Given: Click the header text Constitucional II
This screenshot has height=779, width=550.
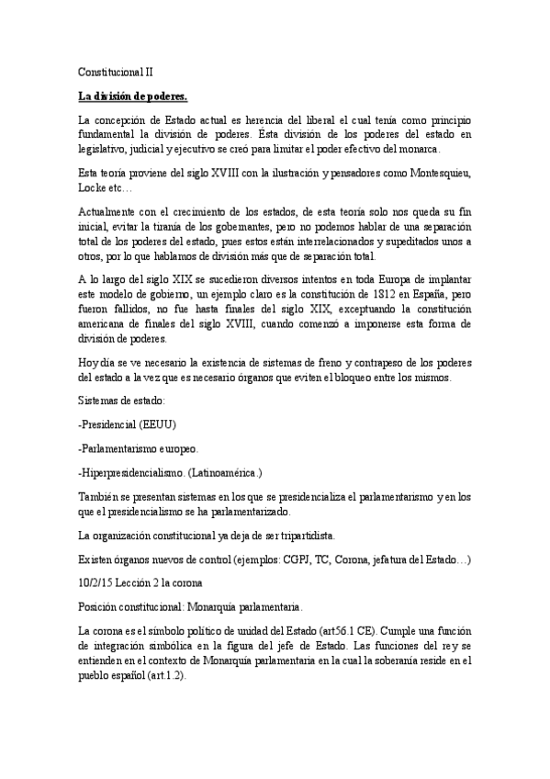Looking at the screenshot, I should click(115, 70).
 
